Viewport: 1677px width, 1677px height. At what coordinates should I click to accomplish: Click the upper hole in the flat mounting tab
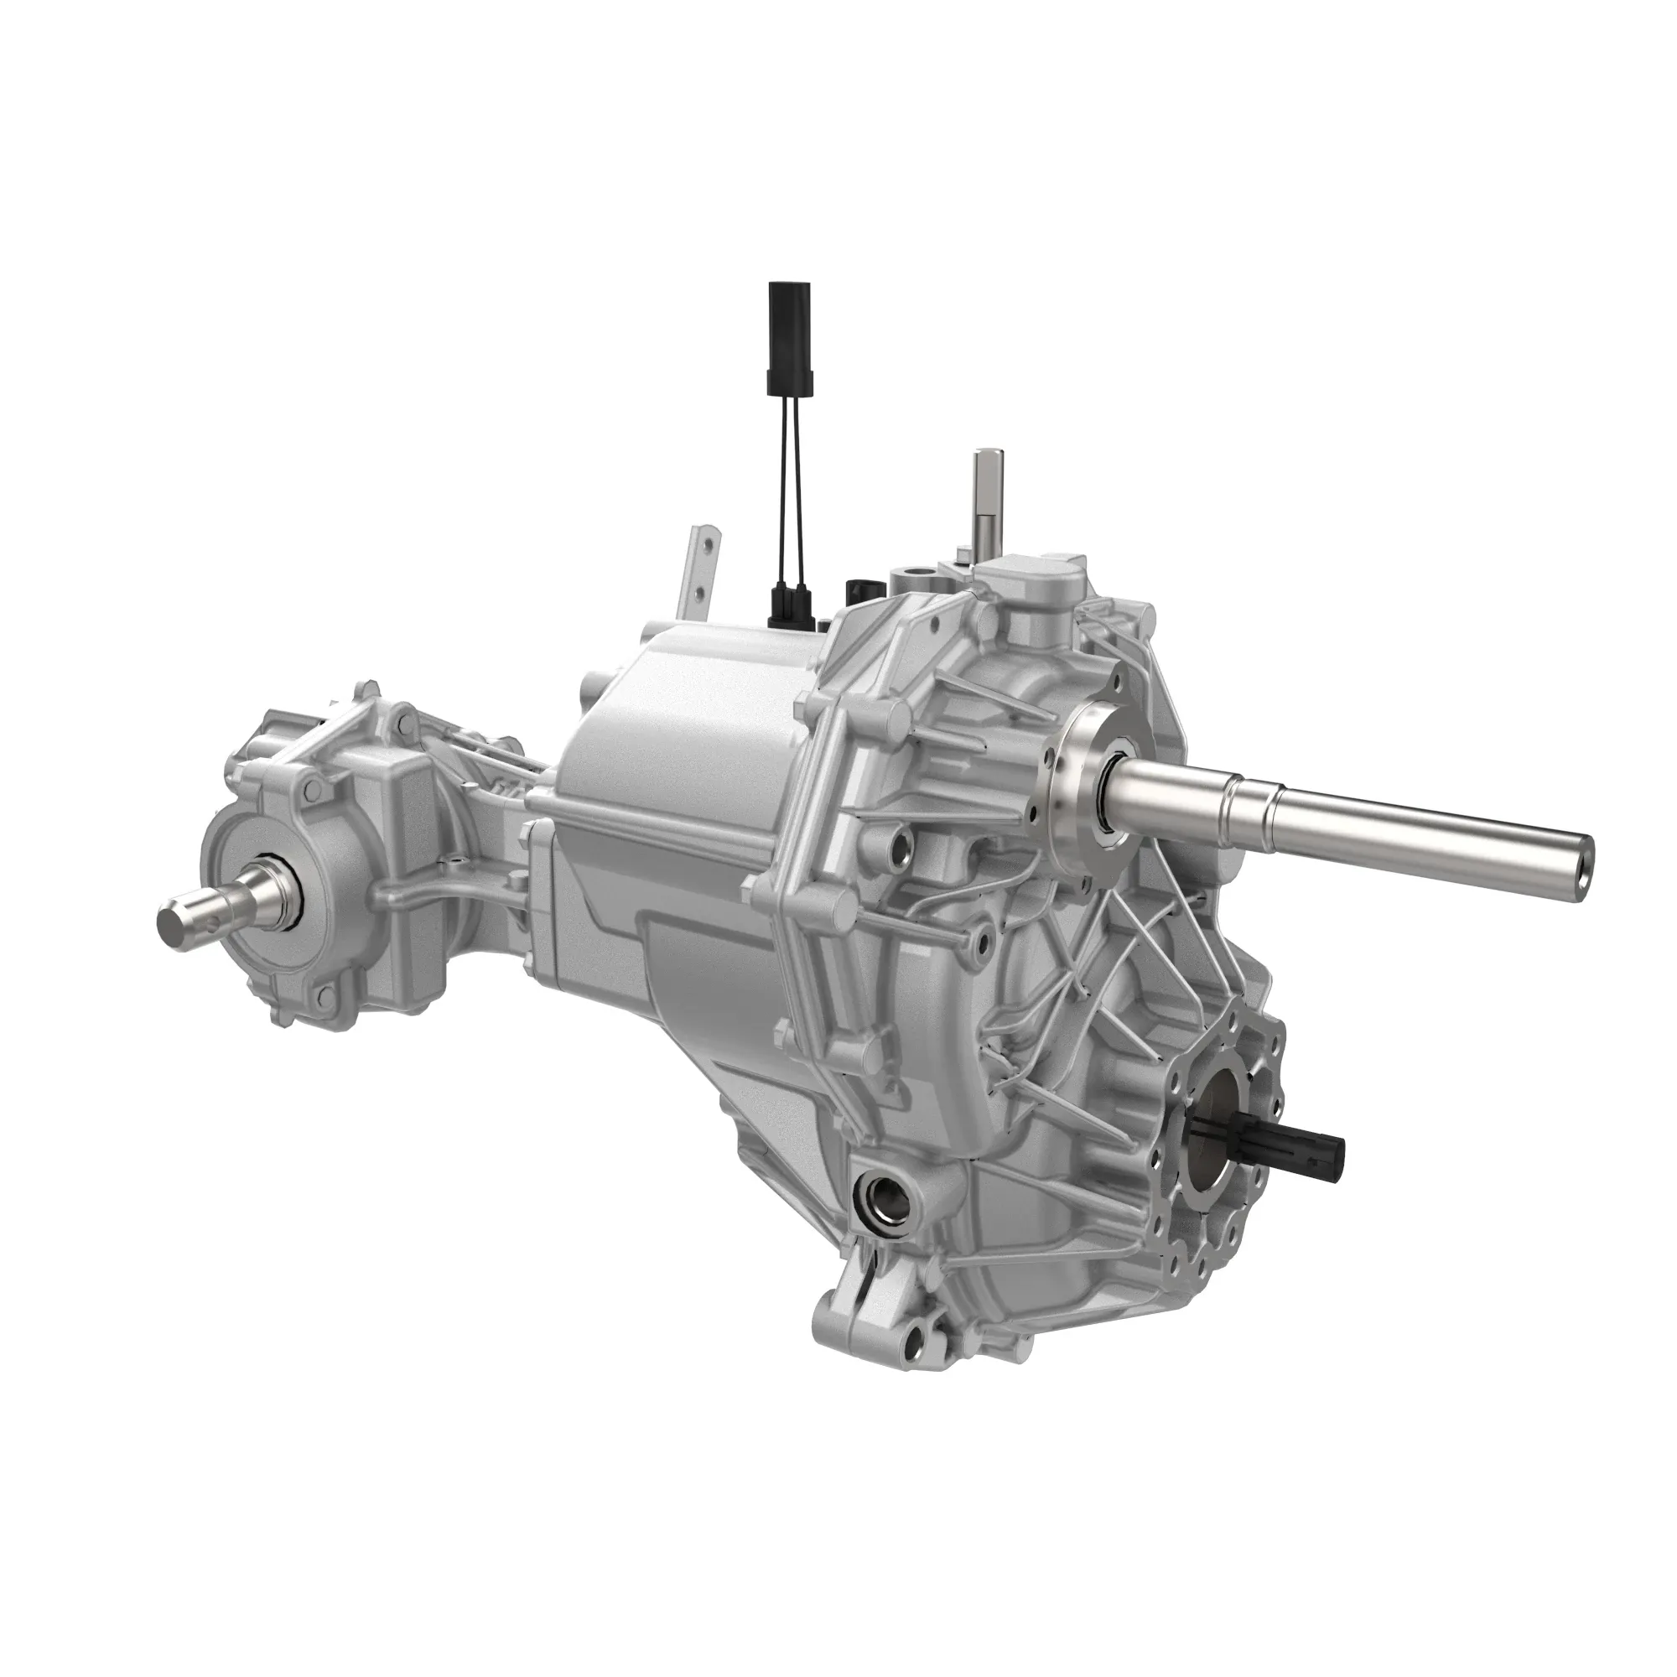coord(710,545)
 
